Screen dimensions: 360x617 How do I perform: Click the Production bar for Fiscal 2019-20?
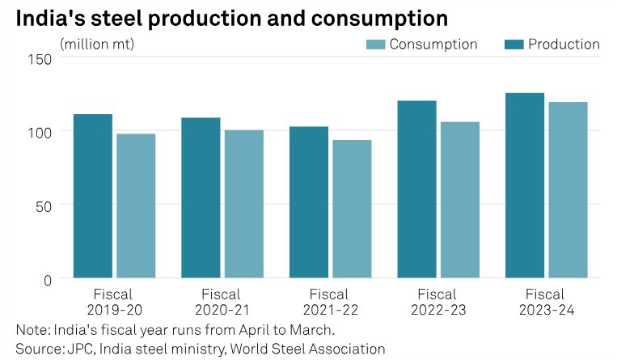[93, 196]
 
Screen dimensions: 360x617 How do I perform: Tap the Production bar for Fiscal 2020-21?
[201, 197]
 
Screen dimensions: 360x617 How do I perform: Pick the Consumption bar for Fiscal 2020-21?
[244, 204]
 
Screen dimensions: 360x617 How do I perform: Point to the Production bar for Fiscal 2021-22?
[309, 202]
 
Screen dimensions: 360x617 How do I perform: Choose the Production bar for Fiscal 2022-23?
[416, 189]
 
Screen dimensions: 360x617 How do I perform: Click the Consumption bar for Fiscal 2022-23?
[460, 200]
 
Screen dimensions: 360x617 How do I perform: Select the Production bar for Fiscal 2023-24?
[525, 185]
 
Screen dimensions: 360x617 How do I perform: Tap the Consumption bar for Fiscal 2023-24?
[568, 190]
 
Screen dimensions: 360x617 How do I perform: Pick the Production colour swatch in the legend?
[513, 44]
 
